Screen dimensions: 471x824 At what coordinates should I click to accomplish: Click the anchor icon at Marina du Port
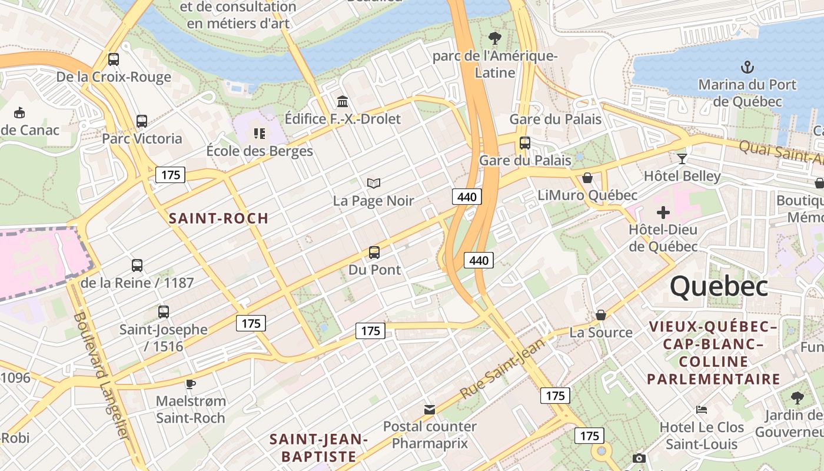[x=747, y=67]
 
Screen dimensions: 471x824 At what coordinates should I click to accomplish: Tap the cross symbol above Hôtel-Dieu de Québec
[x=663, y=212]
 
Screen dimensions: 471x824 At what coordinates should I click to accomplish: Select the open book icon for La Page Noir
[x=374, y=183]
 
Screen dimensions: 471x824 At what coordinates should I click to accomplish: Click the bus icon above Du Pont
[x=374, y=253]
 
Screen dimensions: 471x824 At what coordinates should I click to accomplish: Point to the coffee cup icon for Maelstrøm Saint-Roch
[x=190, y=384]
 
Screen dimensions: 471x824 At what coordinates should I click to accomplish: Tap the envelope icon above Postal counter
[x=430, y=409]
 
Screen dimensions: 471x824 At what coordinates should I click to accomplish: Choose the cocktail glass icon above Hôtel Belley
[x=682, y=158]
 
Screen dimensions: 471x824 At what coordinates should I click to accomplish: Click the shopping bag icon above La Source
[x=601, y=315]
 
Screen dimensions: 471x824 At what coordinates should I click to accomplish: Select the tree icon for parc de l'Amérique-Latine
[x=495, y=38]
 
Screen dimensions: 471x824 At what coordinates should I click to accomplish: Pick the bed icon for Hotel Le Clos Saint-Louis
[x=701, y=409]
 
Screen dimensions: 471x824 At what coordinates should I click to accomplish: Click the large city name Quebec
[x=719, y=287]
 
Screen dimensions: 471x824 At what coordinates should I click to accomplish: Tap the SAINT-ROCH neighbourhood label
[x=218, y=218]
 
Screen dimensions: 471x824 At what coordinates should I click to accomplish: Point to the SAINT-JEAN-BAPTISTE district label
[x=318, y=447]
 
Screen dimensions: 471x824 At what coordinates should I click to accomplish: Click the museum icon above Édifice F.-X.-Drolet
[x=343, y=101]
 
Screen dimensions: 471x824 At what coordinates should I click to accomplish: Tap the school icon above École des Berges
[x=260, y=134]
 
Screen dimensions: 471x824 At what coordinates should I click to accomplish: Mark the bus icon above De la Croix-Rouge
[x=114, y=59]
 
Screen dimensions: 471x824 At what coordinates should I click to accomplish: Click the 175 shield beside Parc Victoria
[x=170, y=175]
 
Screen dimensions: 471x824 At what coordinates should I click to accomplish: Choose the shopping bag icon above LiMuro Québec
[x=587, y=178]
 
